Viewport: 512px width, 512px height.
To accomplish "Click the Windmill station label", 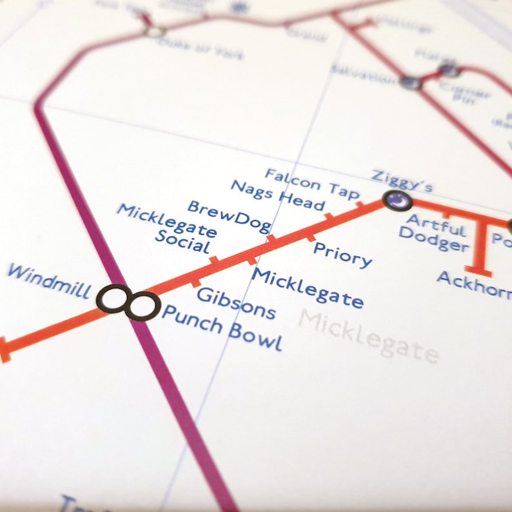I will (48, 281).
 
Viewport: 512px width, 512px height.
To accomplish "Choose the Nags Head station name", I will (277, 195).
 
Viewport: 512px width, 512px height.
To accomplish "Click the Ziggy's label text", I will (402, 181).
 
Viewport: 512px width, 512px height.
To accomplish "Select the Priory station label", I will (342, 255).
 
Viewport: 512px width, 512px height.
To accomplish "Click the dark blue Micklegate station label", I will (308, 288).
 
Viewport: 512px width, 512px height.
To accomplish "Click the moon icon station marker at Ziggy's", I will (397, 201).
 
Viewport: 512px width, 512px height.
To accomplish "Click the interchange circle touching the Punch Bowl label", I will (142, 306).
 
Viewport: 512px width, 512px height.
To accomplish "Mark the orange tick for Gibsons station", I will (196, 282).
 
